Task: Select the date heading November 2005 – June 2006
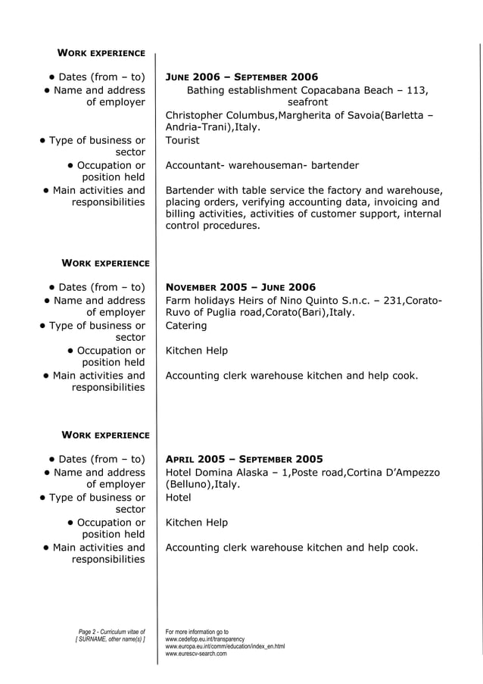(240, 287)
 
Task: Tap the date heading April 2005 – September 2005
(244, 459)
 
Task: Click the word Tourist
(182, 140)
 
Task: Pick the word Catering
(186, 326)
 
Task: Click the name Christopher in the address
(196, 115)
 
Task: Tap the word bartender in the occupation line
(330, 165)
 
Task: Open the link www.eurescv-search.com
(196, 654)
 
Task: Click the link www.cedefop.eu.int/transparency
(204, 639)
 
